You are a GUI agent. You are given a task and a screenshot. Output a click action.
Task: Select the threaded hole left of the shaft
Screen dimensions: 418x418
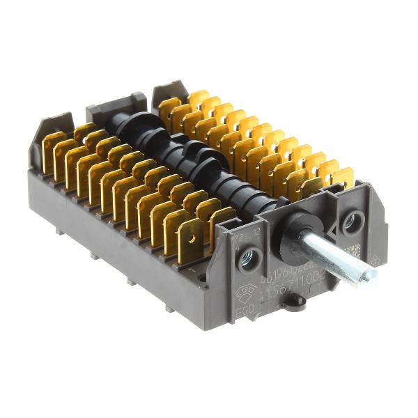(x=247, y=261)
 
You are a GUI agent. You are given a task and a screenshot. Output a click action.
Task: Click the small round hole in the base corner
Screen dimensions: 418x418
(x=202, y=277)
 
